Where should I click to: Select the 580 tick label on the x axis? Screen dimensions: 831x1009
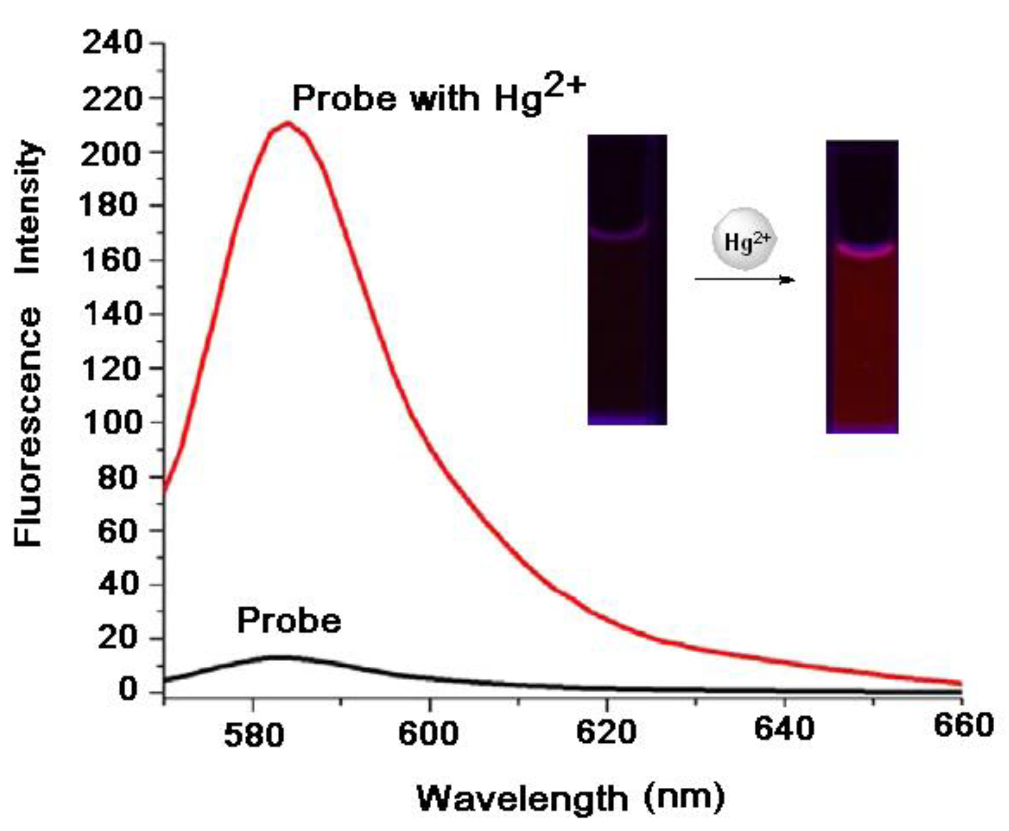(x=254, y=735)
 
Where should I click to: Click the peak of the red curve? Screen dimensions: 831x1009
(x=287, y=124)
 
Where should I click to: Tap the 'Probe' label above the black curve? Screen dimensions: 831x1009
(x=289, y=621)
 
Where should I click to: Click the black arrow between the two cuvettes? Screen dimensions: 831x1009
(x=744, y=279)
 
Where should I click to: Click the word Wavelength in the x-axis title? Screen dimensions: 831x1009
(x=522, y=798)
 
